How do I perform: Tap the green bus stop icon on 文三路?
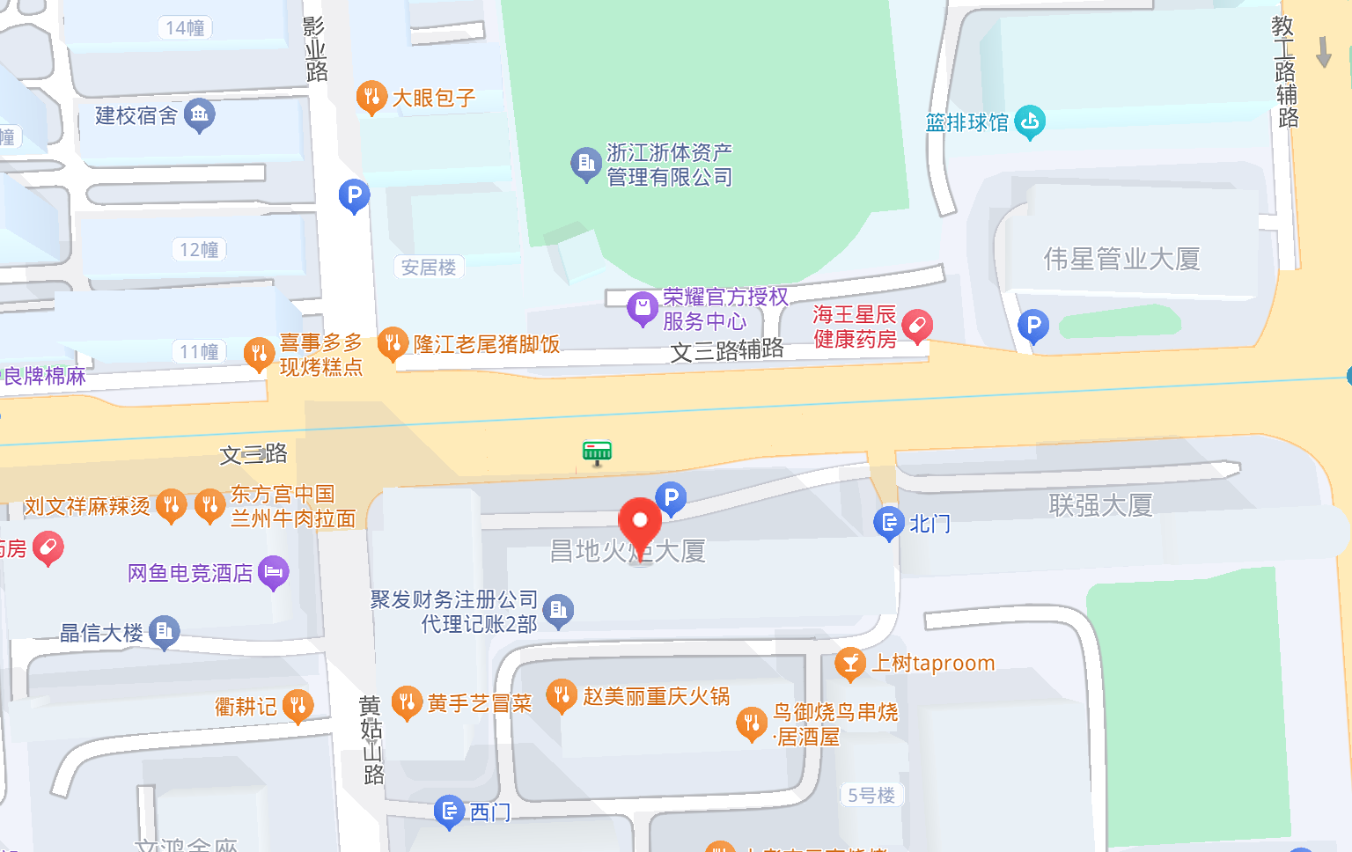click(597, 452)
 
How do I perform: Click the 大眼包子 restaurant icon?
click(371, 97)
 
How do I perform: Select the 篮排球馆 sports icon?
click(1029, 121)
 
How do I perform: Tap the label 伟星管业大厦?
click(1121, 259)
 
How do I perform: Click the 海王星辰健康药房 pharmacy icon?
click(916, 327)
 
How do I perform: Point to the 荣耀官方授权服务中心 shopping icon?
click(643, 309)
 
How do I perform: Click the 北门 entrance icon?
click(889, 523)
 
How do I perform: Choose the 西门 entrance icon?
click(449, 811)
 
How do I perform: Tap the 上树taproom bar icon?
click(850, 664)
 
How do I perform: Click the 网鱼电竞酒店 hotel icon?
click(273, 572)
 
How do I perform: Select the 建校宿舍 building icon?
click(200, 114)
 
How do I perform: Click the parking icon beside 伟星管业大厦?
click(1033, 327)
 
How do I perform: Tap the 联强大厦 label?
click(1100, 505)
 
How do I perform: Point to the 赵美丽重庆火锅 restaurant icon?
click(562, 696)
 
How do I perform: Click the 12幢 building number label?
click(199, 250)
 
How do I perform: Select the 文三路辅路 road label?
click(727, 350)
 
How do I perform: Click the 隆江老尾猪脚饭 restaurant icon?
click(393, 343)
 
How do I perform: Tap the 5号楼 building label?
click(871, 796)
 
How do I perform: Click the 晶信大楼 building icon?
click(165, 631)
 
